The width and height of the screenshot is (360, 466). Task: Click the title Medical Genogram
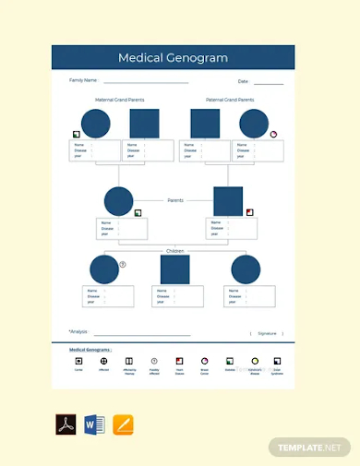tap(173, 58)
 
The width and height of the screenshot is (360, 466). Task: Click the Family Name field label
tap(83, 80)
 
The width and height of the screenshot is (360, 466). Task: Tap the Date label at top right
tap(243, 81)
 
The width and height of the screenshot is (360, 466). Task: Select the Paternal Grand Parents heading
tap(230, 100)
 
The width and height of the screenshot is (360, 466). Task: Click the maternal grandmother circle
tap(95, 124)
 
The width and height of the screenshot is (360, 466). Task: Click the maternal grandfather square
tap(144, 124)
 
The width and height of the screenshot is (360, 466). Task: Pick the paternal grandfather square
tap(205, 124)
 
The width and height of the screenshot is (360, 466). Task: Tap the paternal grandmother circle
tap(253, 124)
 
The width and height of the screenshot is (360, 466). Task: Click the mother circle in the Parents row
tap(119, 201)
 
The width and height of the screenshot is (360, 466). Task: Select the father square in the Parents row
tap(228, 201)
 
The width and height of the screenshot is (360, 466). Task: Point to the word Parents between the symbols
tap(175, 199)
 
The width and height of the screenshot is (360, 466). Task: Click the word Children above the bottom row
tap(175, 250)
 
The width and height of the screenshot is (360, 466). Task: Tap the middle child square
tap(175, 269)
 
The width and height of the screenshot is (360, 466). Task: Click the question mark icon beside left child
tap(123, 264)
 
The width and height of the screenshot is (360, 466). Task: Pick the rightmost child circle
tap(246, 269)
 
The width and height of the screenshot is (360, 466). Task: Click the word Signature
tap(267, 333)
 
